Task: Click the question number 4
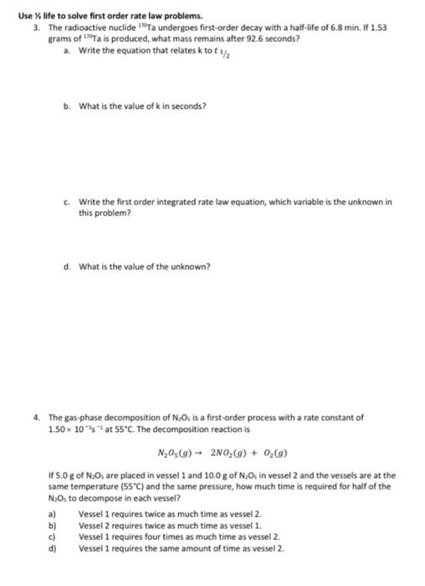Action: (37, 416)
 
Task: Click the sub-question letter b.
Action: (67, 106)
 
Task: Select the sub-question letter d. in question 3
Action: (67, 267)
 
